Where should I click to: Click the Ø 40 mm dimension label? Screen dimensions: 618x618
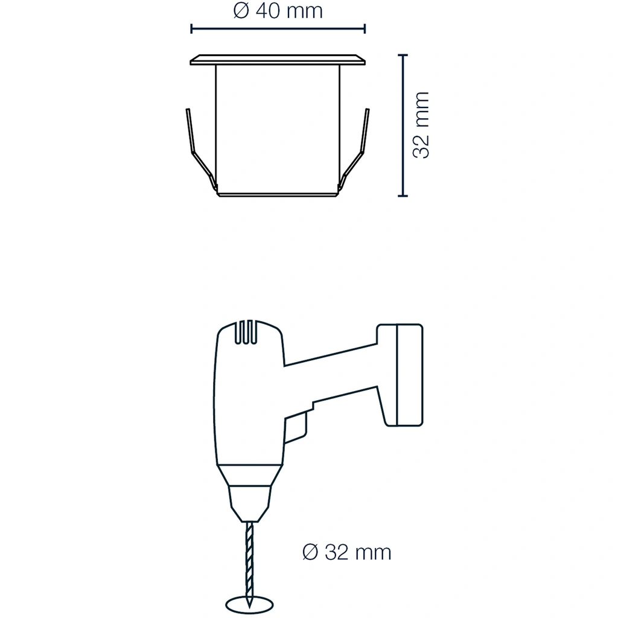(278, 11)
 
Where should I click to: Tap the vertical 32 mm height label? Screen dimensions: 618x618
(421, 126)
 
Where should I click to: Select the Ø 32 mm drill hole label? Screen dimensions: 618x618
(347, 552)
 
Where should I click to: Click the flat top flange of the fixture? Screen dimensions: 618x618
(278, 60)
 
